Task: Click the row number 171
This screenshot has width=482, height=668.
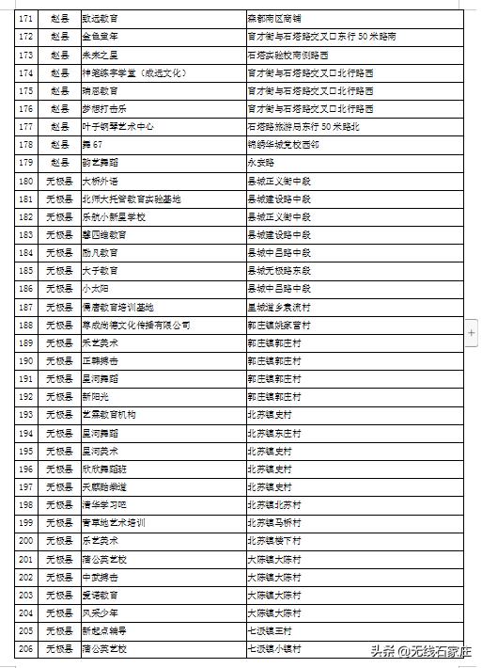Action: click(x=26, y=18)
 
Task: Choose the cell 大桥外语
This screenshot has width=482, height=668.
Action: click(x=100, y=181)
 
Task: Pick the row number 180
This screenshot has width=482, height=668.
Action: click(x=26, y=181)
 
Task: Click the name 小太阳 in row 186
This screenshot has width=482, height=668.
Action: click(x=96, y=288)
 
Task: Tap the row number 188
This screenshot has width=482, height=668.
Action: click(x=26, y=325)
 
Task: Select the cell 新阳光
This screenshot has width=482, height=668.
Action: click(x=96, y=396)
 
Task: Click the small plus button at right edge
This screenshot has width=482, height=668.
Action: click(x=473, y=332)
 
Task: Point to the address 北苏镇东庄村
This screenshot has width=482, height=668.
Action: click(x=273, y=433)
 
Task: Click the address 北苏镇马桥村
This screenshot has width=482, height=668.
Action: click(x=273, y=522)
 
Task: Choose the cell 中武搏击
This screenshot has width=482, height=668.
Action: click(x=100, y=577)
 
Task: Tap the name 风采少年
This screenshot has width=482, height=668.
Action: click(x=100, y=612)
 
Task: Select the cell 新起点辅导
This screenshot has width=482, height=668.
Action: click(x=103, y=630)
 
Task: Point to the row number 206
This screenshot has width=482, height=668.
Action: click(x=26, y=648)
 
